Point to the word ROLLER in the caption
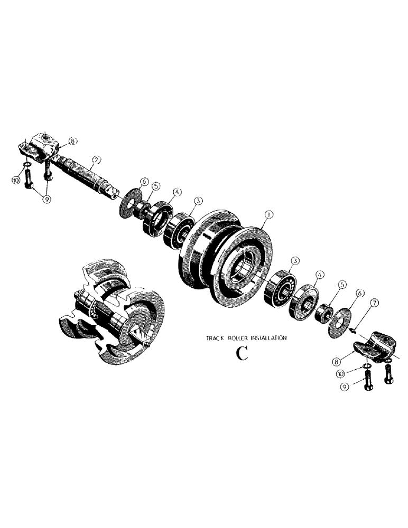click(240, 337)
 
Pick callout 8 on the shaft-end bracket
click(72, 141)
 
